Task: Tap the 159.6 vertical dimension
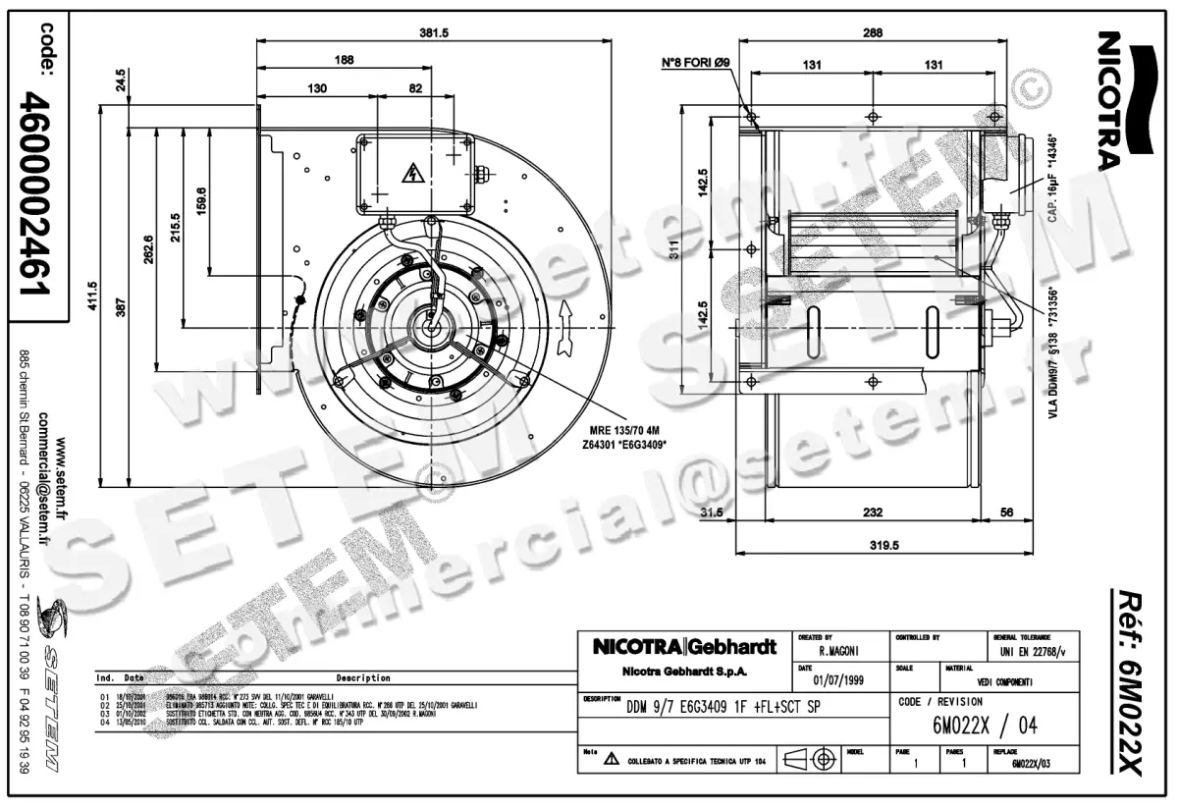pos(202,200)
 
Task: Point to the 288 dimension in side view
pos(873,32)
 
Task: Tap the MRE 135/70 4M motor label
pos(624,430)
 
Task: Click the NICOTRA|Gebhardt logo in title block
pos(685,648)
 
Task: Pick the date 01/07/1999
pos(840,677)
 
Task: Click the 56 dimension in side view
pos(1006,512)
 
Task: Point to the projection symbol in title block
pos(814,759)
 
